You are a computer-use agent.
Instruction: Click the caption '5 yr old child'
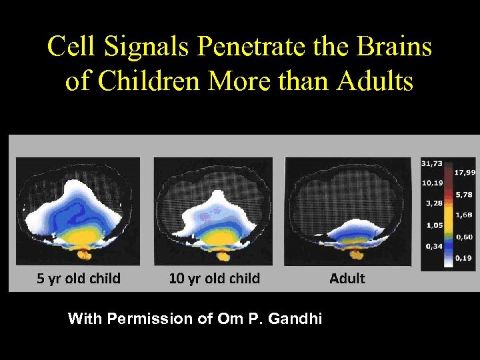click(79, 278)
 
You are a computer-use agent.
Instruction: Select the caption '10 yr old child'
click(214, 278)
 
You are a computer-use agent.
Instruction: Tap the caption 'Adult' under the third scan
click(347, 278)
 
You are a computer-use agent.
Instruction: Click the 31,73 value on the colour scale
click(431, 163)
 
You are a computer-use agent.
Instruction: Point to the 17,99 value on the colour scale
click(465, 172)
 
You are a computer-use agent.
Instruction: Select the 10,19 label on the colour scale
click(431, 183)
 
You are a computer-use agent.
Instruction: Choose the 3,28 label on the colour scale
click(431, 203)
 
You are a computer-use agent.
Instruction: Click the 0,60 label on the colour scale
click(465, 237)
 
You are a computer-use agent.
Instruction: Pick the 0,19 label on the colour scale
click(465, 257)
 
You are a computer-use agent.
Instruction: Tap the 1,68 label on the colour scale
click(465, 215)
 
